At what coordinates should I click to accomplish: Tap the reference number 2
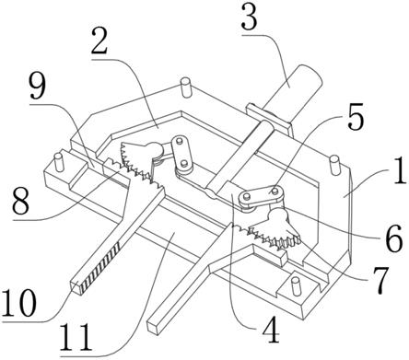tap(99, 41)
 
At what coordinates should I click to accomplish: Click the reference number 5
tap(356, 118)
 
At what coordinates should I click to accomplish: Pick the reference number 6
tap(394, 239)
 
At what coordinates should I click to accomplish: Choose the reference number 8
tap(21, 202)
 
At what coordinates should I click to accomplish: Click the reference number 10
tap(19, 303)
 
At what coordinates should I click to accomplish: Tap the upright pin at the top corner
tap(186, 87)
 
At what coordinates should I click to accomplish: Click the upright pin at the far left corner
tap(58, 162)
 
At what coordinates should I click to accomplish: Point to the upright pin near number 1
tap(334, 166)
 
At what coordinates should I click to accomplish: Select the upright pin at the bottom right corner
tap(295, 286)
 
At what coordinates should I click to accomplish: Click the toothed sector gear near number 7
tap(275, 229)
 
